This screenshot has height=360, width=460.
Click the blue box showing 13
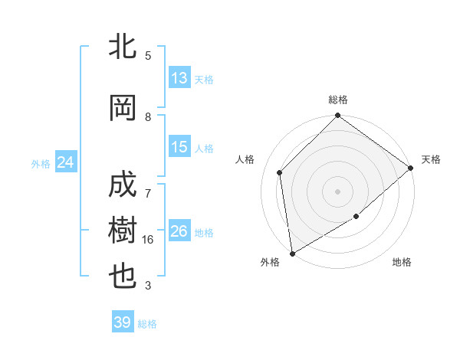(x=179, y=78)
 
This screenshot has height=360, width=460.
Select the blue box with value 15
(x=179, y=147)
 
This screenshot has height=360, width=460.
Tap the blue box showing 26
(x=179, y=231)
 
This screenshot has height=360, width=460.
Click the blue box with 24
(x=65, y=162)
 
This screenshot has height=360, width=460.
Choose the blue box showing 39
(x=123, y=322)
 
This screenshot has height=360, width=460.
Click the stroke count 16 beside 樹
(x=149, y=240)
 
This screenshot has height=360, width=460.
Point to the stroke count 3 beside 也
(x=148, y=286)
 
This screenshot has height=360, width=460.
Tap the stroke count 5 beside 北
(x=148, y=56)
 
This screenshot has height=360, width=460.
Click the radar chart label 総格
(x=338, y=100)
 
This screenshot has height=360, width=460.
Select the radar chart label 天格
(x=431, y=159)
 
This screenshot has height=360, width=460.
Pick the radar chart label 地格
(x=402, y=262)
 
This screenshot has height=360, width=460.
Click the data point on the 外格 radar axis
(x=292, y=253)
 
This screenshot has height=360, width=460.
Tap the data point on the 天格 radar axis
(x=411, y=168)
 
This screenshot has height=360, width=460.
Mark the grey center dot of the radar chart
(x=338, y=191)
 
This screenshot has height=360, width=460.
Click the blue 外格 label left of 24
(x=40, y=163)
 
